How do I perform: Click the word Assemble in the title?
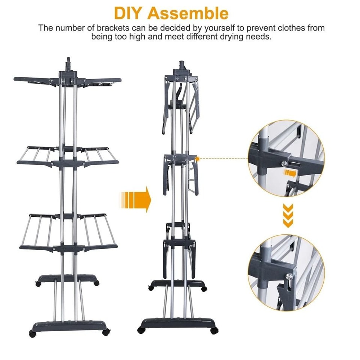click(x=188, y=13)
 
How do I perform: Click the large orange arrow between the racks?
click(x=135, y=199)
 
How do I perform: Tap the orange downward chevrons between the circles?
click(x=288, y=215)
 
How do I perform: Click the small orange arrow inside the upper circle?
click(x=289, y=173)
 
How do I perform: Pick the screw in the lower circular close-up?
click(x=289, y=276)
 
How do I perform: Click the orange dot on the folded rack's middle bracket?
click(x=197, y=158)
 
